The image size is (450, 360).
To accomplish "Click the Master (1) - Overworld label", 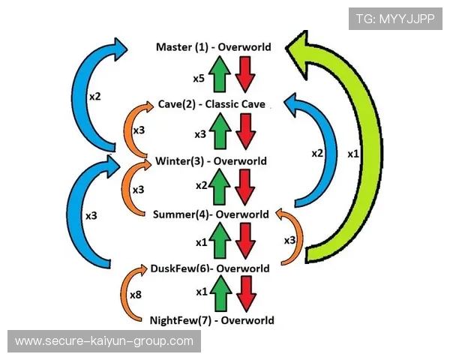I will (x=213, y=47).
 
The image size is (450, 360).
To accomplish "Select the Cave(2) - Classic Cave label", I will (x=211, y=104).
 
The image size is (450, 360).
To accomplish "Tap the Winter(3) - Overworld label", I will (x=211, y=161).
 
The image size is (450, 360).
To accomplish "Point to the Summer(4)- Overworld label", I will (x=211, y=214).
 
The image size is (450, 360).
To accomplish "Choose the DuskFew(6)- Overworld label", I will (x=210, y=268).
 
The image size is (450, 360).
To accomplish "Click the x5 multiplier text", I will (x=198, y=78).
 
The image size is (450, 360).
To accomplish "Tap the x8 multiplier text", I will (x=136, y=295).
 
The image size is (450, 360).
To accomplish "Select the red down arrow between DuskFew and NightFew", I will (x=245, y=292).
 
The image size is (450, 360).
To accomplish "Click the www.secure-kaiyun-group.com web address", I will (x=104, y=341).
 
